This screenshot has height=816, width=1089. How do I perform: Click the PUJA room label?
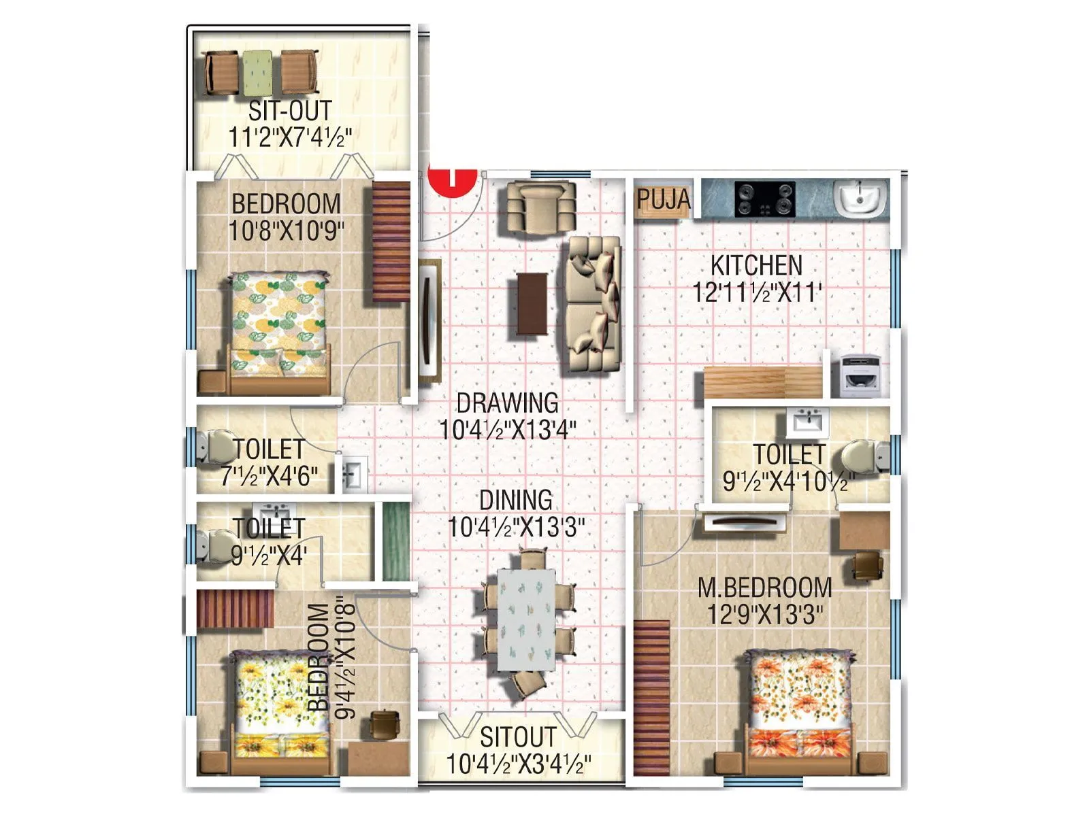tap(663, 200)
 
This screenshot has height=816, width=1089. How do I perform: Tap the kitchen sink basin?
tap(860, 198)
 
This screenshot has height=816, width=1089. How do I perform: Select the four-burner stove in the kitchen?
tap(764, 199)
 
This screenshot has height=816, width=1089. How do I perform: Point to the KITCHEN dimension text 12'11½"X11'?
tap(756, 293)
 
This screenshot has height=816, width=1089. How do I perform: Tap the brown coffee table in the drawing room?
tap(532, 303)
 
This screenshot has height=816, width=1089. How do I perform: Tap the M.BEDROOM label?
tap(764, 588)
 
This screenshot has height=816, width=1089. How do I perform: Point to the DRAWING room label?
tap(507, 403)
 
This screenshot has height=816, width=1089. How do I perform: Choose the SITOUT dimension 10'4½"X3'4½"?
tap(518, 764)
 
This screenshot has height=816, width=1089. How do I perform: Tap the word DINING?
tap(516, 500)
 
